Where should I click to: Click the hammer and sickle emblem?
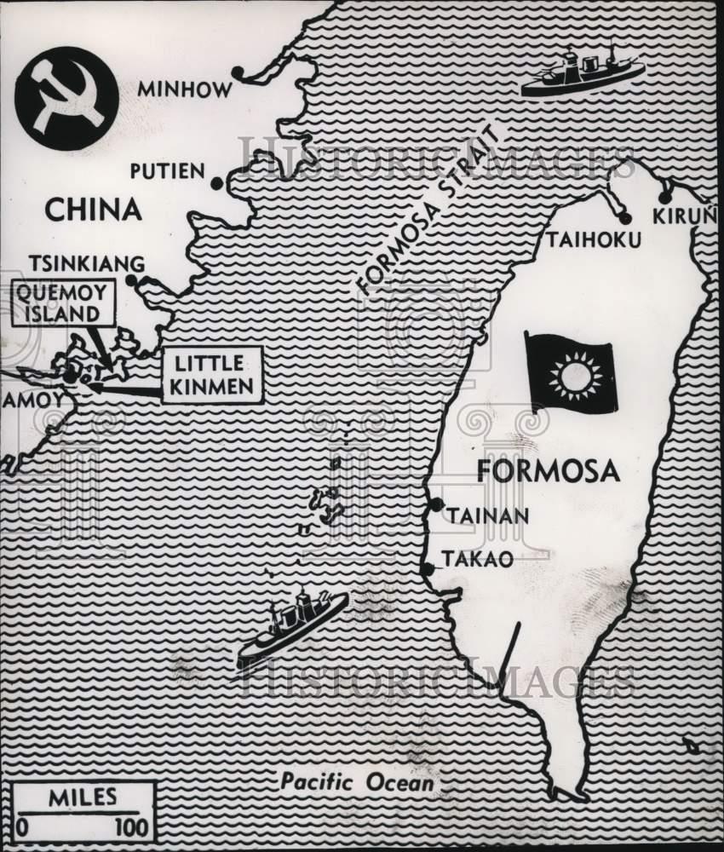point(66,98)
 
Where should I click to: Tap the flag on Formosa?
point(569,373)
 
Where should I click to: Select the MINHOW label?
point(185,89)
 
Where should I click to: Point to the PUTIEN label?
point(167,171)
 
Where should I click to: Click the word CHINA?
point(92,210)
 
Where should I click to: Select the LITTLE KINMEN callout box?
point(212,375)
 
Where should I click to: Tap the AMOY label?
point(32,400)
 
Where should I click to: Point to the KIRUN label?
point(681,216)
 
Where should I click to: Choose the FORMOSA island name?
point(548,471)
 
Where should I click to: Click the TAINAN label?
point(488,515)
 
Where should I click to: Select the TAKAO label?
point(477,560)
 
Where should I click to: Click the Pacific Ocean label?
point(358,781)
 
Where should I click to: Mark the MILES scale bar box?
point(83,811)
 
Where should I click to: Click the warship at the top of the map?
point(581,72)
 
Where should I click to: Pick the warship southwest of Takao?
point(292,626)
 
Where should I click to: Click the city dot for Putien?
point(217,183)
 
